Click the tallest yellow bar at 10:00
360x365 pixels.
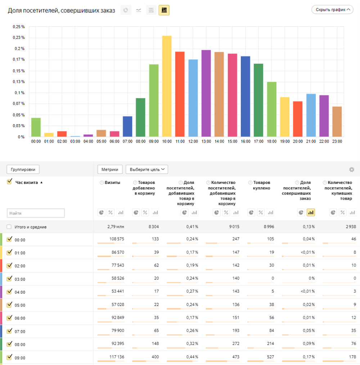(x=167, y=86)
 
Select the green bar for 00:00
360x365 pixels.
(x=36, y=127)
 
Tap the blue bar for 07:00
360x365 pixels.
(x=127, y=126)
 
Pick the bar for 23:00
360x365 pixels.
(x=337, y=122)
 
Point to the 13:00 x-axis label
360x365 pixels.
(x=206, y=141)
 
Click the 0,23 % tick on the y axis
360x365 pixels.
(x=19, y=37)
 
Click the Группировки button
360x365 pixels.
(x=23, y=170)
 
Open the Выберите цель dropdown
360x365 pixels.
(x=147, y=170)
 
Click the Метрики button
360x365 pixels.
(x=110, y=170)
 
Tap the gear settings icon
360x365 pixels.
(x=352, y=170)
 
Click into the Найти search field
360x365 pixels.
(x=36, y=213)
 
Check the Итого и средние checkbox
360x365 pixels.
(x=9, y=227)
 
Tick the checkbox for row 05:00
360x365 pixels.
(x=9, y=305)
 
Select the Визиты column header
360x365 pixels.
(x=112, y=182)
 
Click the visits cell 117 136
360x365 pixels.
(x=117, y=357)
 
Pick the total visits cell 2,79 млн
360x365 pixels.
(x=116, y=226)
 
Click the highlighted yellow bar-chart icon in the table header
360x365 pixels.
(x=311, y=212)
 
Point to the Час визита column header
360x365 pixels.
(x=27, y=182)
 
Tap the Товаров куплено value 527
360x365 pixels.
(x=270, y=357)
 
